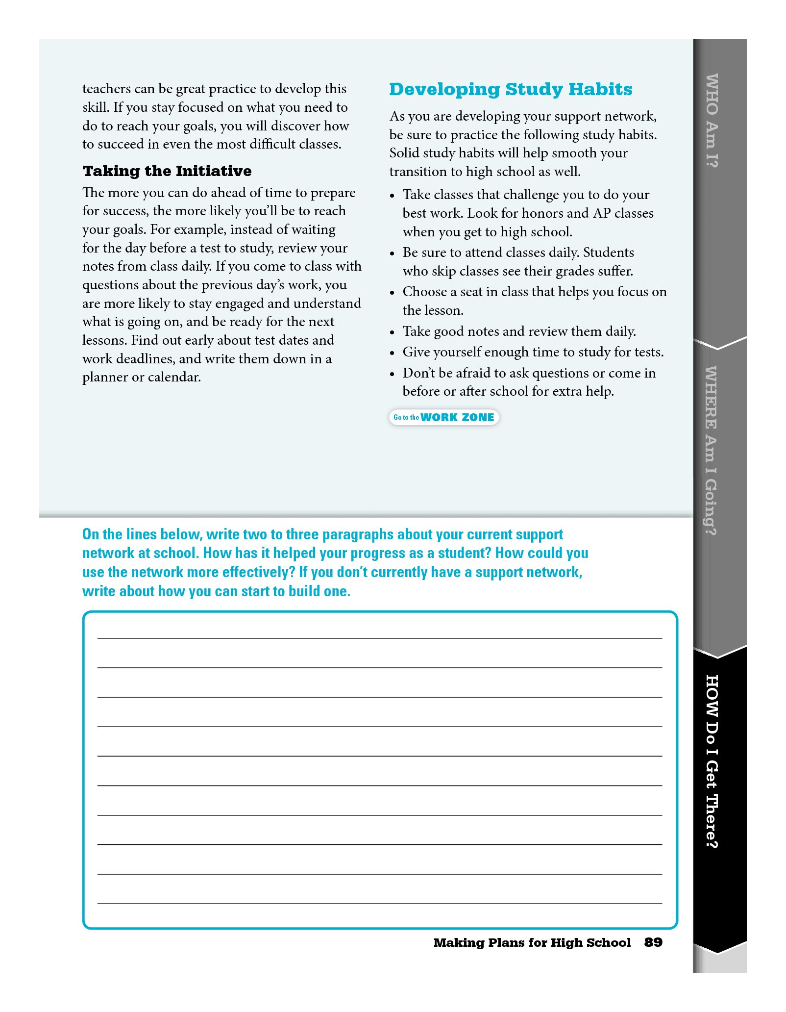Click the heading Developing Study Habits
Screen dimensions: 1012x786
click(x=511, y=89)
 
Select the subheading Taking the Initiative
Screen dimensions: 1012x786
click(x=167, y=171)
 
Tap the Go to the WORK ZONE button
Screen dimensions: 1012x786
click(x=444, y=417)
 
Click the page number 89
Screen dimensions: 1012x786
click(x=653, y=942)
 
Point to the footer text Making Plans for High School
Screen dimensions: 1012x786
click(x=532, y=942)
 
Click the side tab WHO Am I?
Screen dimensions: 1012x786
click(x=712, y=121)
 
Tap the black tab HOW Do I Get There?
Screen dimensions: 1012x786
click(x=712, y=761)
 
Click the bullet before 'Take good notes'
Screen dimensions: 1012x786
click(x=392, y=332)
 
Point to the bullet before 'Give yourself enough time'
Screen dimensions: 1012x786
click(x=392, y=353)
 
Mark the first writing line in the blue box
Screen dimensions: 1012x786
click(x=380, y=637)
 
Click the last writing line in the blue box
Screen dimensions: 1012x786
click(x=380, y=903)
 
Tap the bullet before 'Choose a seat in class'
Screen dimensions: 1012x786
click(x=392, y=293)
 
